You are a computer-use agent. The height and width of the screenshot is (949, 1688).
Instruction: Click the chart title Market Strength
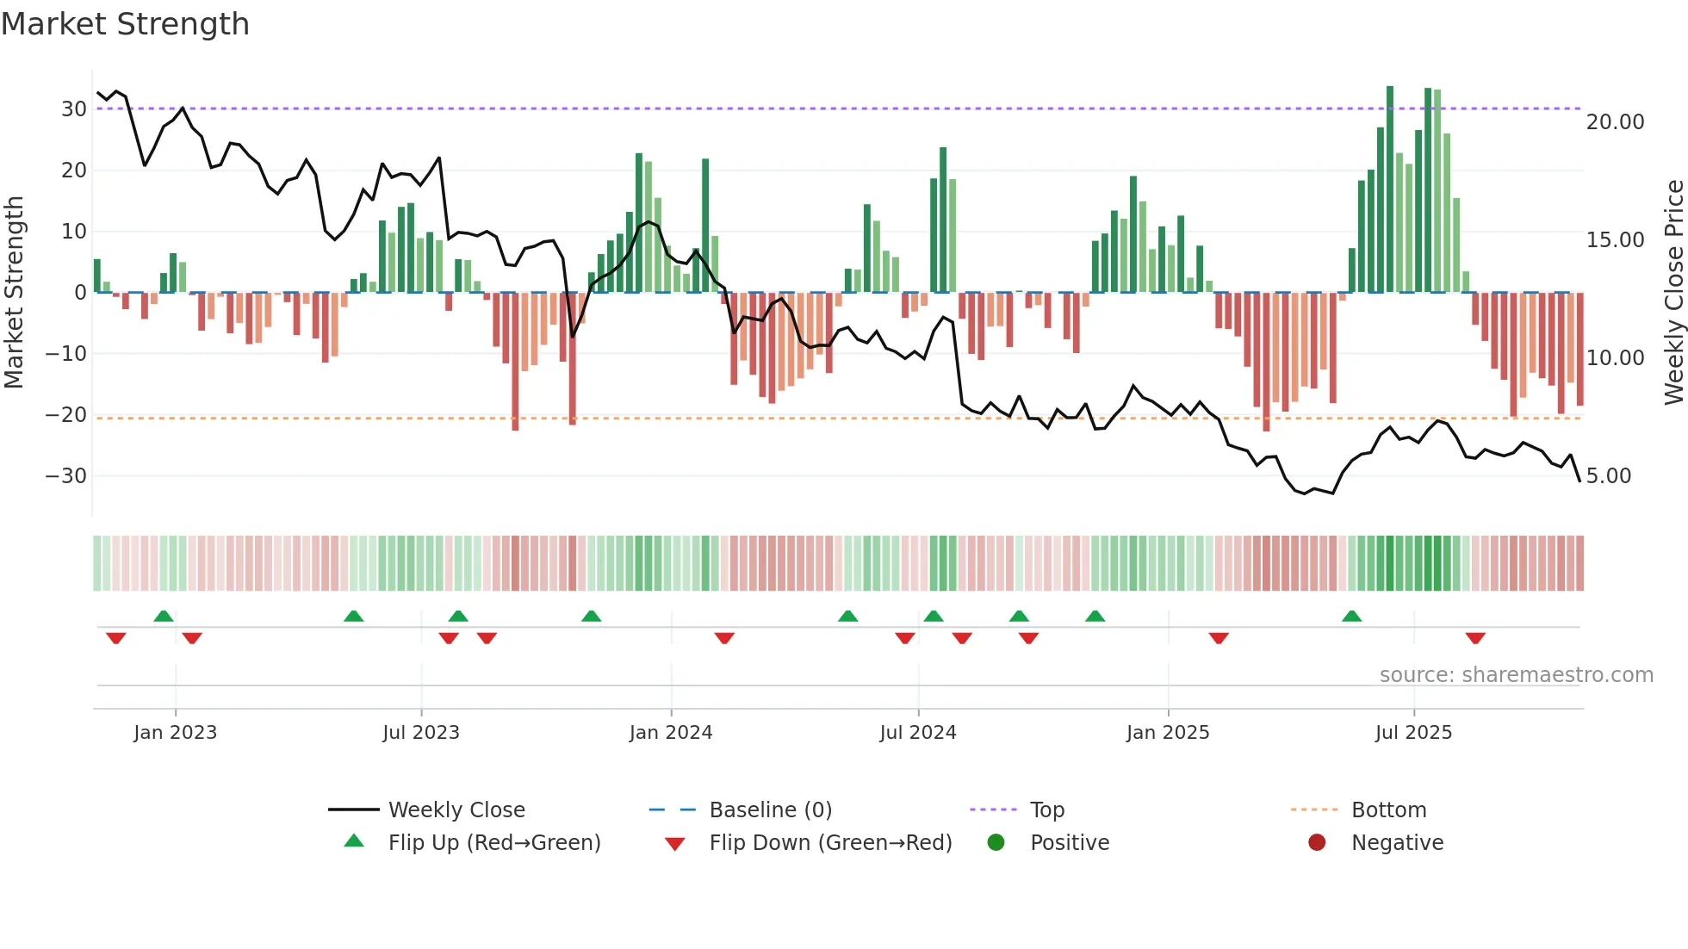[x=125, y=24]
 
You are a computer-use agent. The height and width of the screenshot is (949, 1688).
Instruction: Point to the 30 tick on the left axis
[x=74, y=109]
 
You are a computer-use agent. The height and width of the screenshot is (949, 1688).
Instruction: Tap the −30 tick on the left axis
[x=66, y=476]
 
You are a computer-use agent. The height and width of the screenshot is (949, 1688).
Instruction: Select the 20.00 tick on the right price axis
[x=1615, y=122]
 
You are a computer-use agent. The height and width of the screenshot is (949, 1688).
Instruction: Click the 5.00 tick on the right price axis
[x=1608, y=476]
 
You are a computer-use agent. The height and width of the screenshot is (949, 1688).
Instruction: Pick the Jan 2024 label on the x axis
[x=670, y=733]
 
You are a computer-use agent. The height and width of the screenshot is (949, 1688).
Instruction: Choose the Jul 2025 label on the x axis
[x=1412, y=733]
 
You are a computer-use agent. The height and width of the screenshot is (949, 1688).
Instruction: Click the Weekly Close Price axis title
[x=1673, y=293]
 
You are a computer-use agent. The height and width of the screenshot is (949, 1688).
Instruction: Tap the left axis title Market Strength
[x=14, y=293]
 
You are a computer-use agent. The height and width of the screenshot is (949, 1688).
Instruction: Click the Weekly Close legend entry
[x=456, y=810]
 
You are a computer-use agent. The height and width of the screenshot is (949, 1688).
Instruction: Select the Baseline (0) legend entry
[x=770, y=810]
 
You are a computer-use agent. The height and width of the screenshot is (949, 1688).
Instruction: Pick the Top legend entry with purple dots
[x=1046, y=810]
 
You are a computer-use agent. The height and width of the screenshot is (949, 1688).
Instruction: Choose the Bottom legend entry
[x=1388, y=810]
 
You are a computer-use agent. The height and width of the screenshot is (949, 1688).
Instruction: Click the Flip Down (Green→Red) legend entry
[x=829, y=843]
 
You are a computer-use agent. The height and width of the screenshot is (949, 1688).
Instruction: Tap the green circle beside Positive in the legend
[x=996, y=843]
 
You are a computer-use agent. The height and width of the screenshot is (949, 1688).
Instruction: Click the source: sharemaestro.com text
[x=1516, y=675]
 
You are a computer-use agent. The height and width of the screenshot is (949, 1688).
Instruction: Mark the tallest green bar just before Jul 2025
[x=1390, y=189]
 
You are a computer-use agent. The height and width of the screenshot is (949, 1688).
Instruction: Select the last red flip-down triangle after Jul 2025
[x=1475, y=638]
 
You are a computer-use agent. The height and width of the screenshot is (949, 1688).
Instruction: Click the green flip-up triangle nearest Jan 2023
[x=164, y=616]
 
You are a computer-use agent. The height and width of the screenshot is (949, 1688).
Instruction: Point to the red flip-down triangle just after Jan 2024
[x=724, y=638]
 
